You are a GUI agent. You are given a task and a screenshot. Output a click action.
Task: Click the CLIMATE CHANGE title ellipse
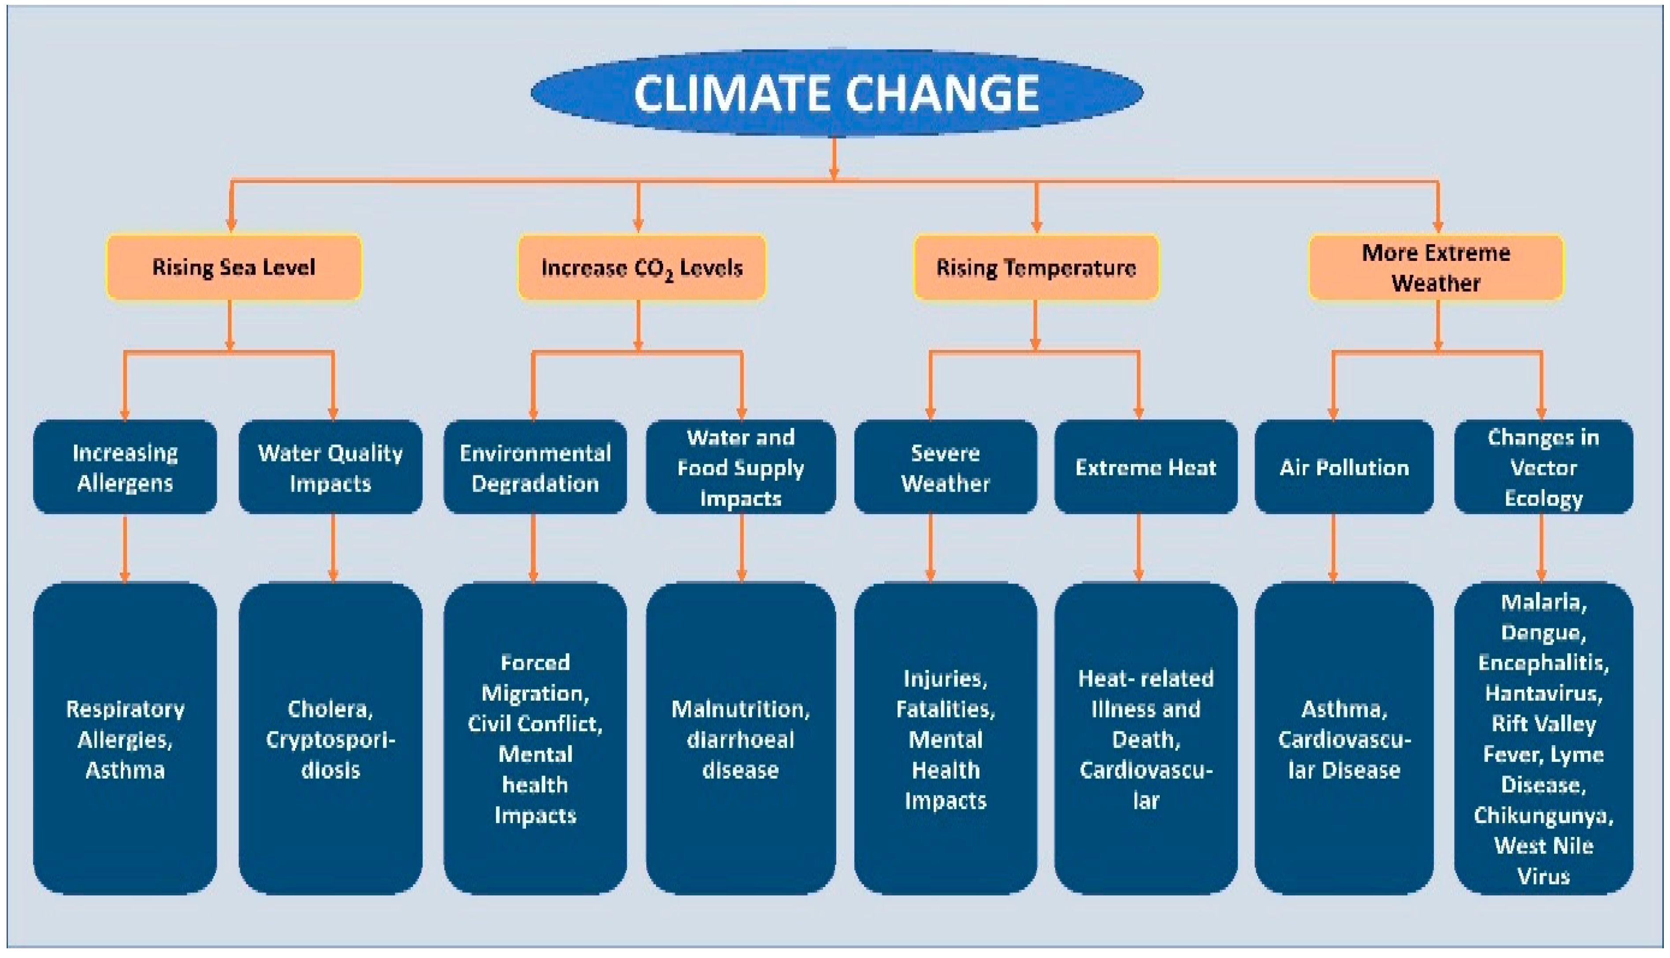click(836, 93)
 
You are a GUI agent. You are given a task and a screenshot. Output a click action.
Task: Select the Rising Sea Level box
click(234, 267)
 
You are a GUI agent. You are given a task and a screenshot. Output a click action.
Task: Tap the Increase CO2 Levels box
click(641, 267)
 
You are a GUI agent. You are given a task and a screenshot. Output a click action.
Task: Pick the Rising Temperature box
click(1035, 267)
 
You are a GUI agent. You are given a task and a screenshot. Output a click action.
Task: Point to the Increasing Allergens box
click(125, 467)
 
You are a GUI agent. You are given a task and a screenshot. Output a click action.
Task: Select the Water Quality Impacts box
click(330, 467)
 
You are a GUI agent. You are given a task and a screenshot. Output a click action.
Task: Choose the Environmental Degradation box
click(535, 467)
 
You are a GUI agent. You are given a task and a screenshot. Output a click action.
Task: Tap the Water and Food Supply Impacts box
click(741, 467)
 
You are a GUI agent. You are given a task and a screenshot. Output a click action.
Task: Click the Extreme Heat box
click(1145, 467)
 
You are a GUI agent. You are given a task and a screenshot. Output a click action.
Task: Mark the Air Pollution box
click(1344, 467)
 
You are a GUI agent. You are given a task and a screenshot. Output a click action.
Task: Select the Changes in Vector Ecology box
click(1543, 467)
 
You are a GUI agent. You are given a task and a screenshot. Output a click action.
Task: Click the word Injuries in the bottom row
click(945, 678)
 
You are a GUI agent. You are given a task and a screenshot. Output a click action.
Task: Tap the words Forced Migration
click(535, 678)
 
